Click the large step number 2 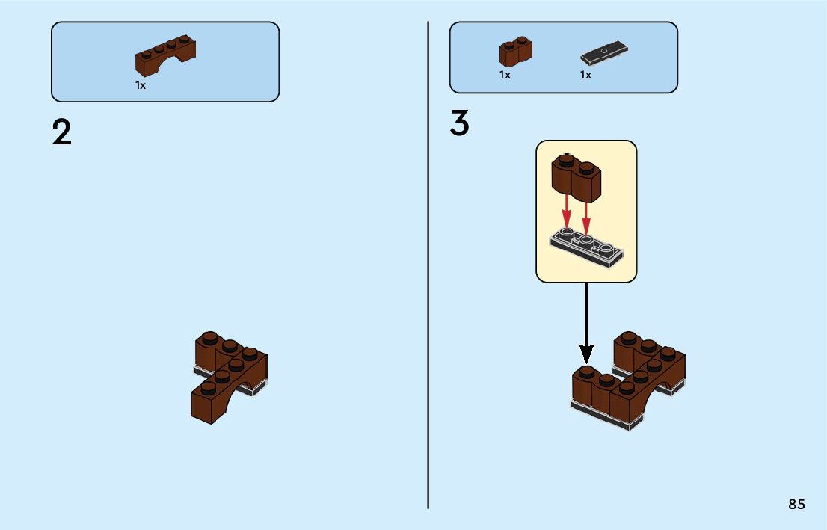[62, 133]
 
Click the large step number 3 [459, 124]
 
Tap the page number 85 [796, 505]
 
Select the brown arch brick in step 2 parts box [166, 57]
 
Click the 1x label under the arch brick [141, 85]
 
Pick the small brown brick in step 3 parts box [515, 52]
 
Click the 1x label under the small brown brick [505, 75]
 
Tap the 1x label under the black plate [585, 75]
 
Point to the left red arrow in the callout [567, 212]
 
